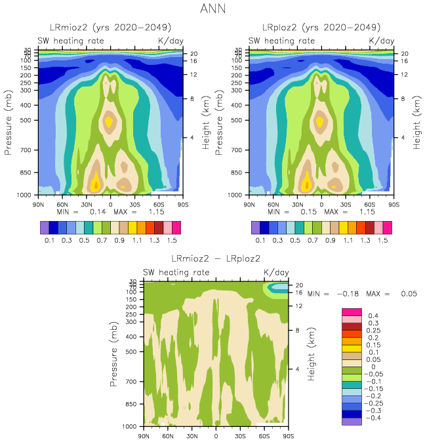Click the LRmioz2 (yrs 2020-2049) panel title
pyautogui.click(x=110, y=28)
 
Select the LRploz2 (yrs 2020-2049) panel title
pyautogui.click(x=321, y=28)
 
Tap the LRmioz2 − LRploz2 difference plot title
pyautogui.click(x=215, y=258)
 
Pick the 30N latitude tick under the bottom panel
pyautogui.click(x=192, y=435)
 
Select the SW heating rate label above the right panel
pyautogui.click(x=279, y=40)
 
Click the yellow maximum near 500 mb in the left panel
pyautogui.click(x=110, y=121)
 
